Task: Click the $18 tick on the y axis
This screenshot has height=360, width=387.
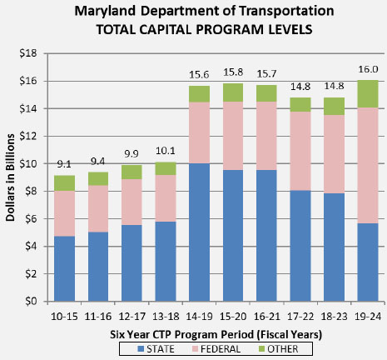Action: coord(31,53)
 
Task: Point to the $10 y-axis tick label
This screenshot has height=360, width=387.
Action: coord(31,163)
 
